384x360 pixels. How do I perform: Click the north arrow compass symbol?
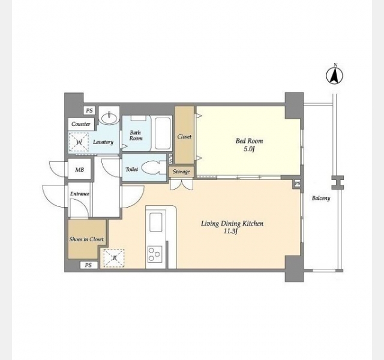tap(334, 76)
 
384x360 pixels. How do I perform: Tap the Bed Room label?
tap(250, 141)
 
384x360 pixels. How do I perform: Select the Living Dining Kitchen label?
tap(232, 223)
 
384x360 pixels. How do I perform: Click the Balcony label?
tap(321, 198)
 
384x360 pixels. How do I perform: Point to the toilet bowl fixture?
tap(154, 167)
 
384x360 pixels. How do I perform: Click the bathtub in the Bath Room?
tap(163, 133)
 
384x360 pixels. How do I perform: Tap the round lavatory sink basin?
tap(109, 119)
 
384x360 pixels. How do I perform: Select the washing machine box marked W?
tap(79, 142)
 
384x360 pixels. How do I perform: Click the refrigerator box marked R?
tap(114, 258)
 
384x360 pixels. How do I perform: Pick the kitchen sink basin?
tap(156, 222)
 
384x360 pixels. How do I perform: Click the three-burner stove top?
tap(155, 254)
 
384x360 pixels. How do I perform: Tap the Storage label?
tap(181, 172)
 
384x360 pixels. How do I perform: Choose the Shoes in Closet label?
tap(86, 239)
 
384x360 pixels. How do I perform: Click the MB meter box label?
tap(79, 169)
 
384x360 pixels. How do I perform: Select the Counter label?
tap(81, 124)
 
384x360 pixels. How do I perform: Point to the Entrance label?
tap(80, 194)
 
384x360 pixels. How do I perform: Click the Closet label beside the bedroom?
tap(184, 137)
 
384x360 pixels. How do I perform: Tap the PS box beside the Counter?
tap(89, 110)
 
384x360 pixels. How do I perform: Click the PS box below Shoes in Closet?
tap(88, 265)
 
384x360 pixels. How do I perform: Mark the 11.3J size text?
tap(230, 232)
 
